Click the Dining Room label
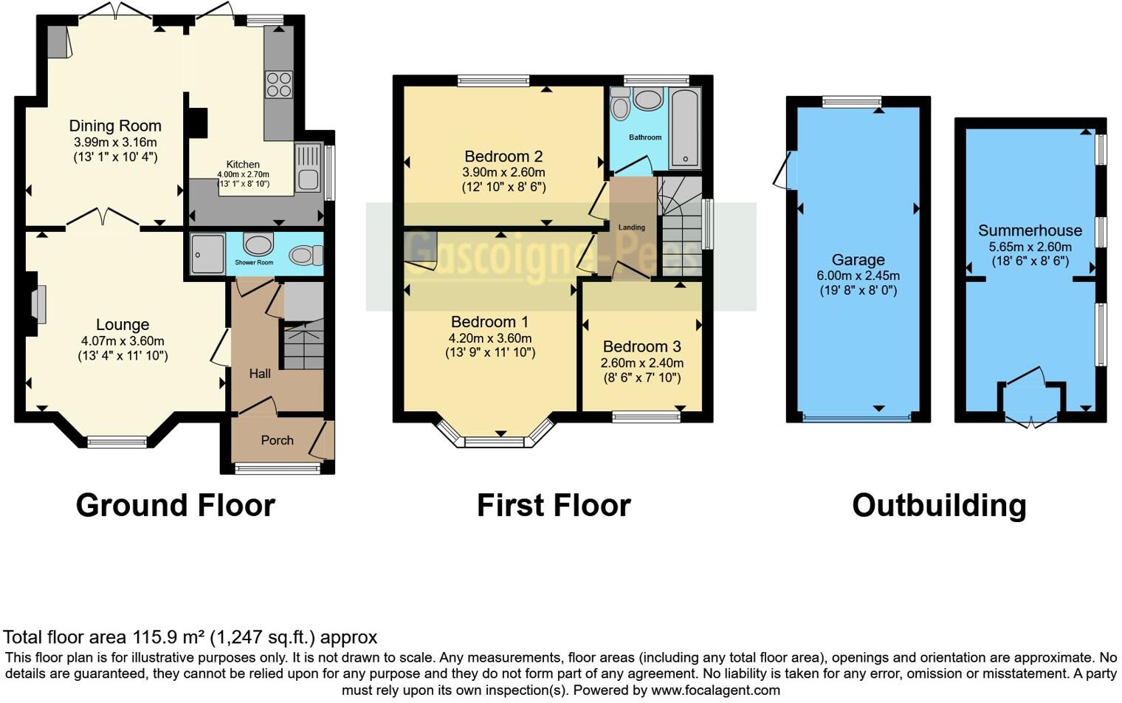[x=115, y=126]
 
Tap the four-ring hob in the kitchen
[x=278, y=84]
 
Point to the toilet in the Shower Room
[x=306, y=256]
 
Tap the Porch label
[x=277, y=440]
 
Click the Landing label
[x=632, y=227]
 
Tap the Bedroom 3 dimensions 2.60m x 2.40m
[x=641, y=363]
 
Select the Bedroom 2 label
[x=503, y=157]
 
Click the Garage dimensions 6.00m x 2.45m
[x=858, y=275]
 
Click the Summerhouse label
[x=1030, y=230]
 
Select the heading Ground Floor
[x=176, y=506]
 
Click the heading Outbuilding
[x=939, y=506]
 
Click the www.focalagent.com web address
[x=715, y=690]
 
